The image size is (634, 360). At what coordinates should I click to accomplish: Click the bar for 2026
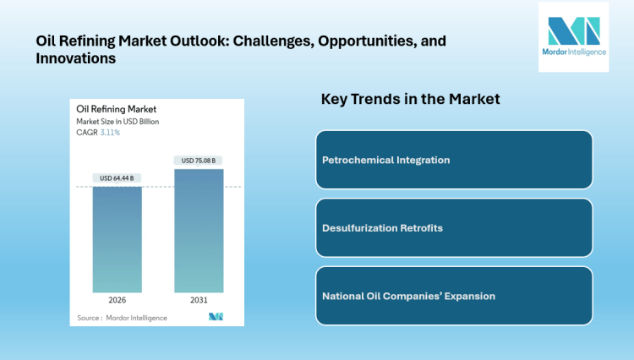(x=117, y=239)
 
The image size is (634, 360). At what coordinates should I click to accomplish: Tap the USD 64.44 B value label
(x=117, y=177)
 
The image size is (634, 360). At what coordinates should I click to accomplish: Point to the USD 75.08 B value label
(x=199, y=161)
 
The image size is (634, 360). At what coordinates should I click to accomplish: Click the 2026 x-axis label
(x=117, y=301)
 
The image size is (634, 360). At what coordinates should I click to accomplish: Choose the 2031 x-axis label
(x=199, y=301)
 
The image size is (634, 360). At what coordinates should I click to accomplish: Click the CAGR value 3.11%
(x=111, y=133)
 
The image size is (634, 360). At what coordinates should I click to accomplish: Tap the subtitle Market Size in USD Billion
(x=118, y=122)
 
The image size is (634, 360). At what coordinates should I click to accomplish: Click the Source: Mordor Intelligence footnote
(x=122, y=318)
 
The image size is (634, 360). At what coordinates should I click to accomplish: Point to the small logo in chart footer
(x=216, y=317)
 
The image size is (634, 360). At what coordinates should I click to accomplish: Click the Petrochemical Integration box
(x=454, y=160)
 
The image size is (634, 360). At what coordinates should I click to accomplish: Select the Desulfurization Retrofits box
(x=454, y=228)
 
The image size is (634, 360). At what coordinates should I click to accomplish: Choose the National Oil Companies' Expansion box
(x=454, y=296)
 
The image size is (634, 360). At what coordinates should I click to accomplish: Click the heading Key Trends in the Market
(x=410, y=99)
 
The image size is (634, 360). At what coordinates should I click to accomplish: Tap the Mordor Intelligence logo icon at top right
(x=573, y=31)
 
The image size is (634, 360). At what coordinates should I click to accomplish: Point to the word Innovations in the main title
(x=75, y=59)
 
